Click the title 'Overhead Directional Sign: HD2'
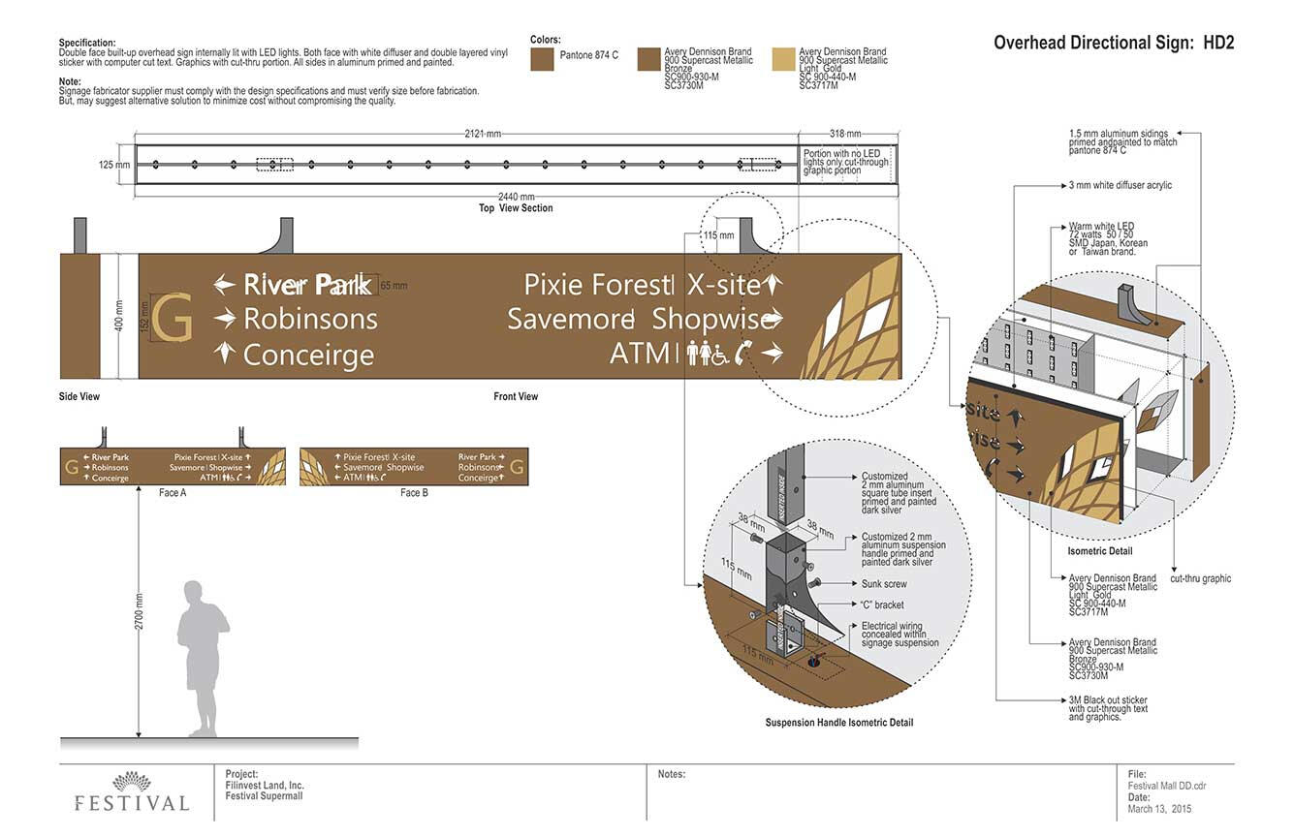click(1114, 43)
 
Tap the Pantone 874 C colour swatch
click(542, 59)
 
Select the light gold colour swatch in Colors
click(783, 59)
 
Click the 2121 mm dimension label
click(482, 134)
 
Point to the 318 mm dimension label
click(846, 134)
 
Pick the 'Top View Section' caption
click(516, 208)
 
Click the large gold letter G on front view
click(173, 318)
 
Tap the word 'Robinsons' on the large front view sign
click(310, 319)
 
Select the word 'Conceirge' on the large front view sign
click(308, 355)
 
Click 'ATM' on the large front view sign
click(639, 354)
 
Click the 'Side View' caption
click(79, 397)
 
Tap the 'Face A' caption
click(173, 493)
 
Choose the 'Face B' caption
click(414, 493)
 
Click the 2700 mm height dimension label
click(139, 612)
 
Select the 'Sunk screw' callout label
click(884, 584)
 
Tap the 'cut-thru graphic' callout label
click(1201, 579)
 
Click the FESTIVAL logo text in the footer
click(132, 803)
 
